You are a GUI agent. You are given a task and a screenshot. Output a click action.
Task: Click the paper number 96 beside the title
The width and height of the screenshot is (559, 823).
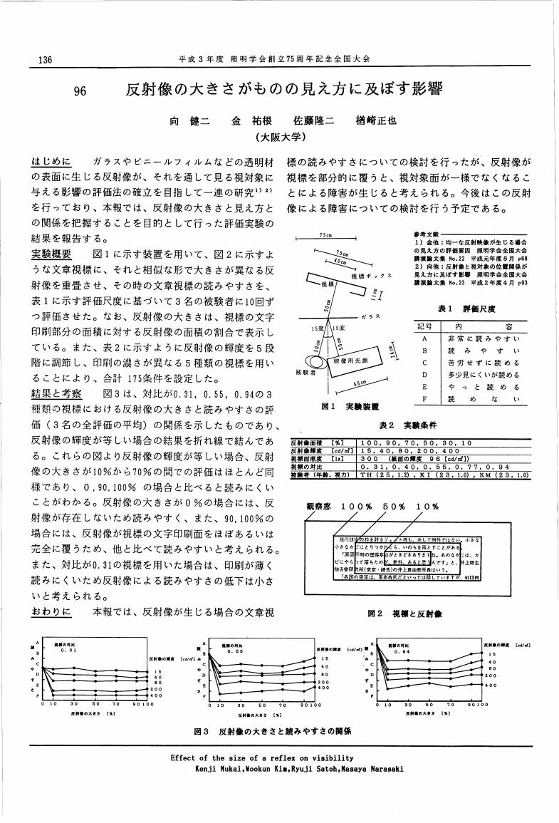80,91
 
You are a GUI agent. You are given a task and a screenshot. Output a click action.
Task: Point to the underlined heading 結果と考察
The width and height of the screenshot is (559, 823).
56,393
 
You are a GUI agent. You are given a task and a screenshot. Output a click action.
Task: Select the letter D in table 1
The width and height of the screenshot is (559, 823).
423,374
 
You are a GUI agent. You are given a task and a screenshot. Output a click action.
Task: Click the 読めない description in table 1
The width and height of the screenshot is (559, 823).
484,399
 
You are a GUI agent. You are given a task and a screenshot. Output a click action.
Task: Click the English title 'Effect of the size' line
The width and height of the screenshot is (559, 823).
263,758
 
